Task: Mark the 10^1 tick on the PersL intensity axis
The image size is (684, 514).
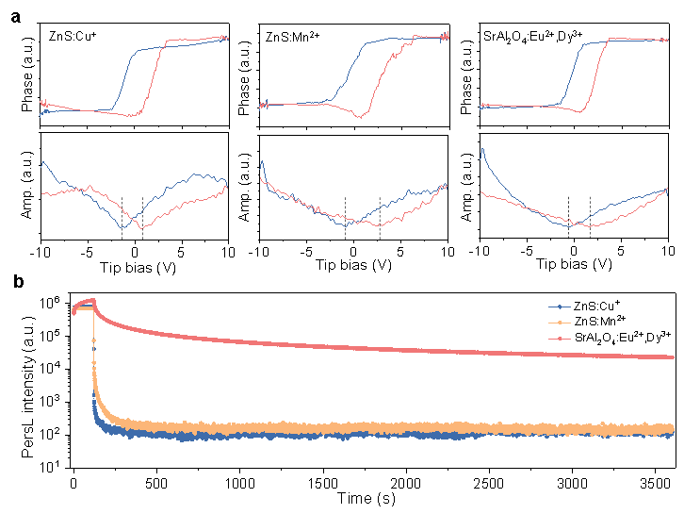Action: pyautogui.click(x=52, y=465)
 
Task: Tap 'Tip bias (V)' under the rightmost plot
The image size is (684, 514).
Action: pyautogui.click(x=574, y=266)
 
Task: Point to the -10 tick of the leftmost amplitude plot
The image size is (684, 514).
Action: pyautogui.click(x=40, y=251)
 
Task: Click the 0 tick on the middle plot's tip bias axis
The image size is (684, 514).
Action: pyautogui.click(x=353, y=251)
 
